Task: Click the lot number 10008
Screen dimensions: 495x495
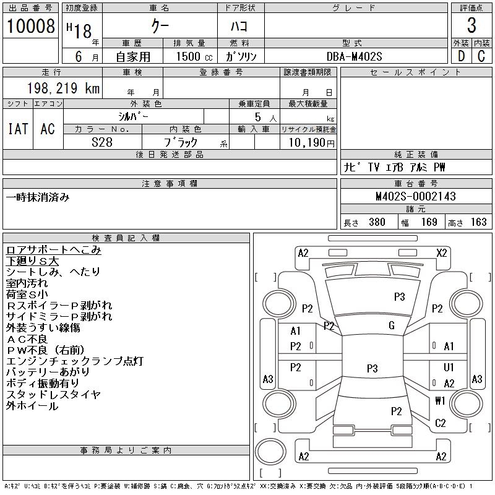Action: [30, 26]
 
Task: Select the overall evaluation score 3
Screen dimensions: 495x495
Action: [471, 26]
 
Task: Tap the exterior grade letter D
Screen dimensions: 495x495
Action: [461, 56]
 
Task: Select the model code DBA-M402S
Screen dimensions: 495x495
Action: [355, 56]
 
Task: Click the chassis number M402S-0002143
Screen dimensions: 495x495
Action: [416, 196]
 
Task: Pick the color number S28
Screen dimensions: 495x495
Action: [102, 142]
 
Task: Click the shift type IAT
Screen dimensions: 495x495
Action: [17, 129]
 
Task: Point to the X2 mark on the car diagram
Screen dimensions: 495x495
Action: [442, 252]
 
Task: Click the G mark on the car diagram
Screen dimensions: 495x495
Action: [392, 325]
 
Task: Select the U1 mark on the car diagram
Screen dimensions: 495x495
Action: [449, 368]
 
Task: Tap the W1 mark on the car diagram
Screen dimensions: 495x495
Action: [440, 400]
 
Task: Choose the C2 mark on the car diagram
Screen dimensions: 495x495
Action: [441, 423]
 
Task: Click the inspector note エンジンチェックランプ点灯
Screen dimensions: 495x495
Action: [75, 361]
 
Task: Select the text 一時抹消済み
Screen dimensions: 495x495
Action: [38, 197]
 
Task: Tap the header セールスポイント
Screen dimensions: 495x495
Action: [415, 72]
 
